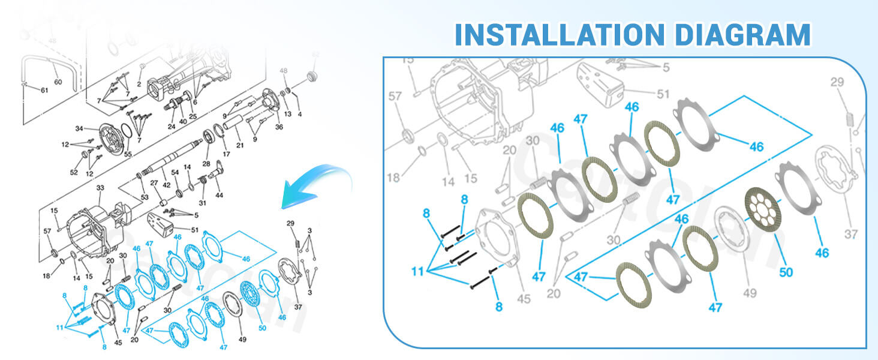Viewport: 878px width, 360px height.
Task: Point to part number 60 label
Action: tap(58, 82)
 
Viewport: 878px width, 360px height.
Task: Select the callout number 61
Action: tap(44, 90)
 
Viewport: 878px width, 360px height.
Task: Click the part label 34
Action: tap(79, 128)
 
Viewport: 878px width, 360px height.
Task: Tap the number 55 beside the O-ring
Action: tap(128, 154)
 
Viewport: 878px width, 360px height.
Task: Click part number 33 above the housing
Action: tap(100, 188)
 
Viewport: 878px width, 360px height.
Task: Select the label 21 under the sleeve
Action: tap(240, 145)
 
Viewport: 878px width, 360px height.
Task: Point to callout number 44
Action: tap(220, 195)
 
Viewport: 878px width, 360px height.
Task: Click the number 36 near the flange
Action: tap(279, 127)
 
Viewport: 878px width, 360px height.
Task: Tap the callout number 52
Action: tap(74, 173)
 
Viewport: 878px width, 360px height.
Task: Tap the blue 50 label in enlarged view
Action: tap(786, 272)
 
